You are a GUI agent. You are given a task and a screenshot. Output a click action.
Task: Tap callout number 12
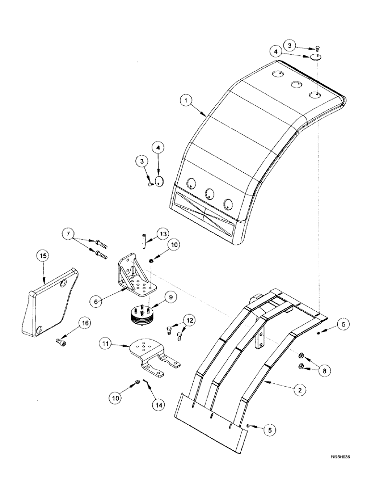190,319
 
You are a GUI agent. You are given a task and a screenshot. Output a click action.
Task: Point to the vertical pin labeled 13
143,240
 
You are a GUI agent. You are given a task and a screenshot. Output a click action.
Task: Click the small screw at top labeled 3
318,48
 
